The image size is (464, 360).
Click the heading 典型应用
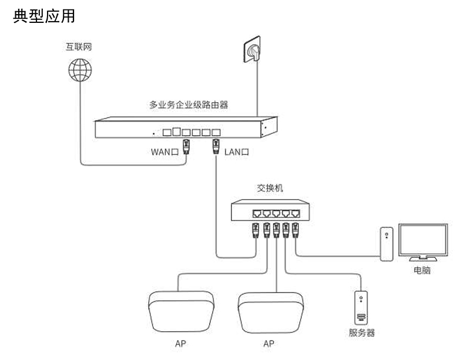pos(44,16)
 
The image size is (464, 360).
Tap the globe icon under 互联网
pos(79,71)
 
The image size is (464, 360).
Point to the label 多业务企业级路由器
pos(188,106)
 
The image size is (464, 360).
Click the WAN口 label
pos(164,152)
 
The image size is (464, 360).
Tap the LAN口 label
pos(237,152)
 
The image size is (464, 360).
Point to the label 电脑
pos(422,271)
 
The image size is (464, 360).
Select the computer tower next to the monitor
pos(386,244)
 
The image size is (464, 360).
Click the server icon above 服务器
pos(362,308)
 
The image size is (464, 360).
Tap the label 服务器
pos(362,333)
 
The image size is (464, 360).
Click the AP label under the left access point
pos(180,344)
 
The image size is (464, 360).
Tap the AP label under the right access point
pos(269,344)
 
